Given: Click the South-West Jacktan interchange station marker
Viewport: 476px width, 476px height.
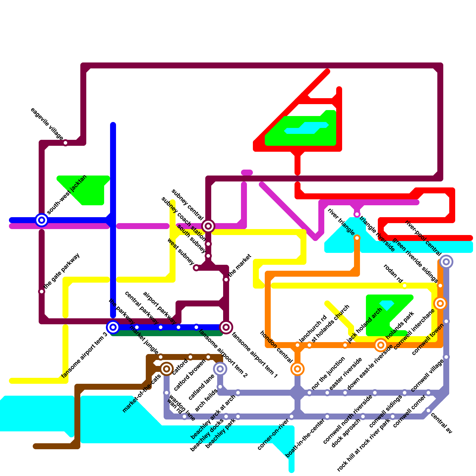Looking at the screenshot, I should [x=42, y=220].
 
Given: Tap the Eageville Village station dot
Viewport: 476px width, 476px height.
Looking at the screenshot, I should [x=65, y=143].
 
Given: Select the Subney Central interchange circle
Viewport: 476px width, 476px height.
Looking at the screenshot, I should [x=208, y=226].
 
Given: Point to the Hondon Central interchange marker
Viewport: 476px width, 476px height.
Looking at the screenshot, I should [x=297, y=369].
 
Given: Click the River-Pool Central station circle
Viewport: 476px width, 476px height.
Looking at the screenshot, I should [x=446, y=262].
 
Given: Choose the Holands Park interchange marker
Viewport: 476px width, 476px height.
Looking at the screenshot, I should [x=381, y=345].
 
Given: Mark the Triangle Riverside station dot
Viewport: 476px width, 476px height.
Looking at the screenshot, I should [x=357, y=214].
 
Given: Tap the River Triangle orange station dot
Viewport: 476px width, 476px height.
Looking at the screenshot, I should [x=357, y=238].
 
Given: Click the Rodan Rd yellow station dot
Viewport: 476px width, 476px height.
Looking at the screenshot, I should [x=405, y=286].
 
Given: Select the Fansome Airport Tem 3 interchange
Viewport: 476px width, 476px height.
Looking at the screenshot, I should [x=113, y=327].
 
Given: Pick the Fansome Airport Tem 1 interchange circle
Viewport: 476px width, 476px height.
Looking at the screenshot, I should [x=226, y=327].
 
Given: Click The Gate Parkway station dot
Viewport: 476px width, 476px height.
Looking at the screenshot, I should [x=42, y=292].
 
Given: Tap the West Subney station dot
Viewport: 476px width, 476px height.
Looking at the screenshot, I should [x=196, y=268].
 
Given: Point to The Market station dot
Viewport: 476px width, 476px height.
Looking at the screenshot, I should [x=226, y=280].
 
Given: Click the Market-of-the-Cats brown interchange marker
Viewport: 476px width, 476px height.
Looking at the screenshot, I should [x=167, y=369].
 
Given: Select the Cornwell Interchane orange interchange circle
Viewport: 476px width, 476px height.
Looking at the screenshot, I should [x=440, y=303].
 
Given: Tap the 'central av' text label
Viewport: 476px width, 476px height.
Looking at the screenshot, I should [x=441, y=423].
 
